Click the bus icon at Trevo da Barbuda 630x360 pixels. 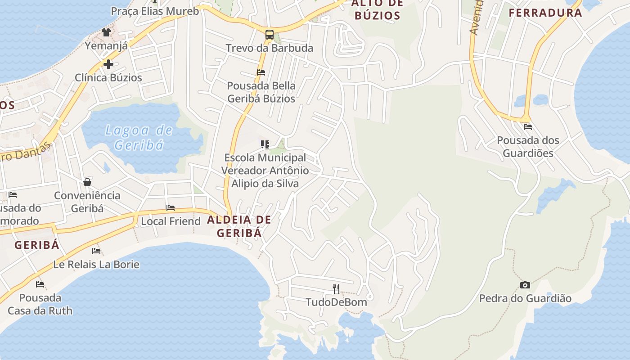tap(269, 35)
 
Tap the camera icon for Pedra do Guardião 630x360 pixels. tap(525, 285)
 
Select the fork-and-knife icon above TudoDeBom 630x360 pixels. tap(336, 288)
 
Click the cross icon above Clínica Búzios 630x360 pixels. tap(108, 64)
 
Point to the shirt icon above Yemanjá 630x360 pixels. tap(106, 32)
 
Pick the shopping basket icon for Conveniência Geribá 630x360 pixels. tap(87, 182)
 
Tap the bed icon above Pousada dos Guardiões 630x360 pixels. tap(528, 127)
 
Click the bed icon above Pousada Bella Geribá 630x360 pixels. tap(261, 72)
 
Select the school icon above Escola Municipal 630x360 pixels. tap(265, 144)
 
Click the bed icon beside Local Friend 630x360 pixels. tap(171, 208)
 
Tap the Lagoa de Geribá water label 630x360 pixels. tap(139, 137)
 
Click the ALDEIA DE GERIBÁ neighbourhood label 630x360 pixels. tap(239, 226)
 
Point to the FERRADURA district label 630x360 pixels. tap(545, 13)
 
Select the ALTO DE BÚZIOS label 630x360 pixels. tap(377, 10)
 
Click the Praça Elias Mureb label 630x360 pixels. tap(155, 11)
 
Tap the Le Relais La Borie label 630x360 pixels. tap(96, 264)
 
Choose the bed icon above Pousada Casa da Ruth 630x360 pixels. tap(40, 284)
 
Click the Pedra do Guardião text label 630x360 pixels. tap(525, 298)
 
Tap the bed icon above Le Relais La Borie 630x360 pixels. tap(96, 251)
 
